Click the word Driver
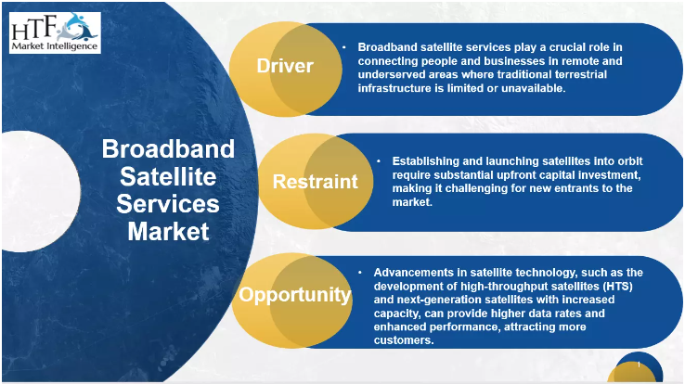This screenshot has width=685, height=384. pos(285,66)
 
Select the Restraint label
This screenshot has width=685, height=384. pos(315,181)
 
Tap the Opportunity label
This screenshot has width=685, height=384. pos(295,296)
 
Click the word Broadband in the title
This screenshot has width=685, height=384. pos(168,149)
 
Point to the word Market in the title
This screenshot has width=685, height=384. pos(168,230)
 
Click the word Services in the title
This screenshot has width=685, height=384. pos(168,203)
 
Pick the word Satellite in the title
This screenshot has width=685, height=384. pos(168,176)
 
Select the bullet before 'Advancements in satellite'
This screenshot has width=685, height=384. pos(360,273)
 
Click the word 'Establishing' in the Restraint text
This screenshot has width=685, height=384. pos(426,160)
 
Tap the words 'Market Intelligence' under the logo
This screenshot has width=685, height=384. pos(54,46)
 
